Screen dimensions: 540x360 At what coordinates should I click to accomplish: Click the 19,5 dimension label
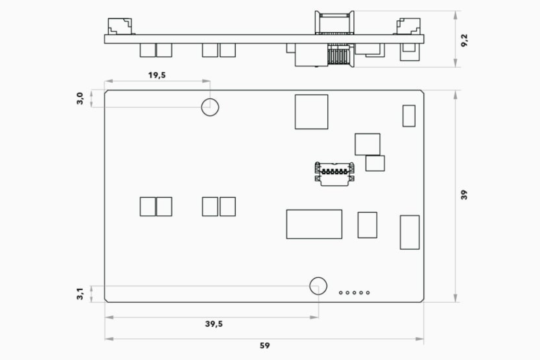click(157, 75)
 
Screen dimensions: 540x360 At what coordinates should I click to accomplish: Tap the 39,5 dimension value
click(214, 324)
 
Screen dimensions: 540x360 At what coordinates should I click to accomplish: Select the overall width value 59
click(264, 345)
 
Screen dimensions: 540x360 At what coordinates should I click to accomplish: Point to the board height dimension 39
click(464, 195)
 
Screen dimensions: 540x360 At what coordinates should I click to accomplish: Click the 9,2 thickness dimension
click(464, 40)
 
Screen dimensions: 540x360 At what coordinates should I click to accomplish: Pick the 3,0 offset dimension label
click(80, 98)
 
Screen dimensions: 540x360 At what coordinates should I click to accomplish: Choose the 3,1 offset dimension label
click(80, 294)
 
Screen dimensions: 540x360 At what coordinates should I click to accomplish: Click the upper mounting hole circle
click(210, 98)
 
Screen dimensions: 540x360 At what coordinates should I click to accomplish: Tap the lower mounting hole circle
click(318, 277)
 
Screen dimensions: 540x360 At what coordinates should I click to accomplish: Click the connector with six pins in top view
click(335, 174)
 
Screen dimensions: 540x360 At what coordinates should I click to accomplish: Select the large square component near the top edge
click(311, 112)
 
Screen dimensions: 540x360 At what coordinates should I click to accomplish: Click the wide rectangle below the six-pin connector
click(314, 224)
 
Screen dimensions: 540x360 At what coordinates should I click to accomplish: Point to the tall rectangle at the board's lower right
click(409, 232)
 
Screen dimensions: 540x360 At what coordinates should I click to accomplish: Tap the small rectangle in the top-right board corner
click(409, 115)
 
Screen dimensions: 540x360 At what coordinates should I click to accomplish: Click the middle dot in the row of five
click(354, 293)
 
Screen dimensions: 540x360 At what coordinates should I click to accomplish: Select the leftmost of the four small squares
click(147, 207)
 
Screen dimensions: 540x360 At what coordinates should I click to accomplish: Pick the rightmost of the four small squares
click(228, 207)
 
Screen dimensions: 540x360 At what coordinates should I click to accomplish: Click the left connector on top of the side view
click(120, 26)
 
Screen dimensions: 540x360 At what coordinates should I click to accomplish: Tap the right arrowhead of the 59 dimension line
click(420, 339)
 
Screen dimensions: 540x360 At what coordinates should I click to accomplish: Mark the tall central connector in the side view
click(335, 38)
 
